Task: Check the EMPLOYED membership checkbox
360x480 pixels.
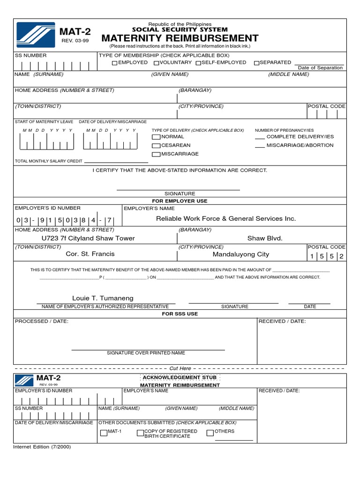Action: [115, 63]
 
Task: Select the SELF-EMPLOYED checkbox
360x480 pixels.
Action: [198, 63]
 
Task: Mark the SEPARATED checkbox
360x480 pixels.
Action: [256, 63]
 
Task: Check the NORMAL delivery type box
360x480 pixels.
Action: [156, 137]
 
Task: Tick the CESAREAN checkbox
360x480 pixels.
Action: [156, 146]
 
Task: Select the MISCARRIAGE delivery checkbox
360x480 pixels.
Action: [156, 154]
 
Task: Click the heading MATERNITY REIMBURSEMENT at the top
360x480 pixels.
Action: [180, 38]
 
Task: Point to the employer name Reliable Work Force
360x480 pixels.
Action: [225, 218]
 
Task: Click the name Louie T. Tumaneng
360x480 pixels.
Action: [103, 298]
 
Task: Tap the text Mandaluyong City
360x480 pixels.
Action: [240, 255]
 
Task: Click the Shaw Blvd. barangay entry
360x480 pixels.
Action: [265, 238]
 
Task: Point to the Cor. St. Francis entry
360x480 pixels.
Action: [90, 254]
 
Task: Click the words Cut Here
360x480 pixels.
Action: [180, 368]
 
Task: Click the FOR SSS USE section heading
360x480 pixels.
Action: [180, 314]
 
